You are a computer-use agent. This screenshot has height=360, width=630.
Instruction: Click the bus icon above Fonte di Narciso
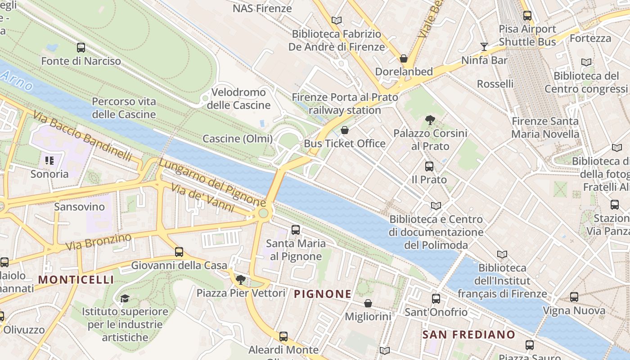(x=81, y=48)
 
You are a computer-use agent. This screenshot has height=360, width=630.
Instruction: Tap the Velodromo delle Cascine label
(x=238, y=99)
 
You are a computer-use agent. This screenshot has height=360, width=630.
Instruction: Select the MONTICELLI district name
(x=76, y=279)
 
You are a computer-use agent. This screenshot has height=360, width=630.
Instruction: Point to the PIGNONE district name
(x=323, y=294)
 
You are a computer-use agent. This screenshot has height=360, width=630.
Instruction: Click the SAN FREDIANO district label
(x=468, y=334)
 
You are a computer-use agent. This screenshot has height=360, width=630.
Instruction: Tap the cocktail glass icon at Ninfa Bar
(x=484, y=47)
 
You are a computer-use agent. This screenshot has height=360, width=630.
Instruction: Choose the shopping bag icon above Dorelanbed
(x=404, y=59)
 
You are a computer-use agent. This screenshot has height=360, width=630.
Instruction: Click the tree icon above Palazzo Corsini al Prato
(x=430, y=120)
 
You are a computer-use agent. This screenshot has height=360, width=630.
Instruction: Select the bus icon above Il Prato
(x=429, y=166)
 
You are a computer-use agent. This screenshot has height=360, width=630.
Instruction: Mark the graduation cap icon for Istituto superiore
(x=125, y=298)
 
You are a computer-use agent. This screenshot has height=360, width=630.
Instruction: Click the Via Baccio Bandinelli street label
(x=83, y=136)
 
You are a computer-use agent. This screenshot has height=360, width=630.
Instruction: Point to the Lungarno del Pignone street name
(x=211, y=183)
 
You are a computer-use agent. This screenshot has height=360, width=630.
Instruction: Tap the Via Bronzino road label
(x=99, y=242)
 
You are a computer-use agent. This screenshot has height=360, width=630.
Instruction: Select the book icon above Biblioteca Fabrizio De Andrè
(x=336, y=20)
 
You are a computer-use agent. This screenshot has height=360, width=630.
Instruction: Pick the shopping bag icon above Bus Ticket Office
(x=345, y=130)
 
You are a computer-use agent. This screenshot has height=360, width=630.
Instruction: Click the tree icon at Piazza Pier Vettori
(x=241, y=280)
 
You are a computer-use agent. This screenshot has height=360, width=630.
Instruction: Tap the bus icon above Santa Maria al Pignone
(x=296, y=230)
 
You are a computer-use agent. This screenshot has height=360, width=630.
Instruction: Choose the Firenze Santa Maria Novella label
(x=545, y=127)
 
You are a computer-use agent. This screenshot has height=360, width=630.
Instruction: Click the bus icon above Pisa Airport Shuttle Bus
(x=527, y=16)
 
